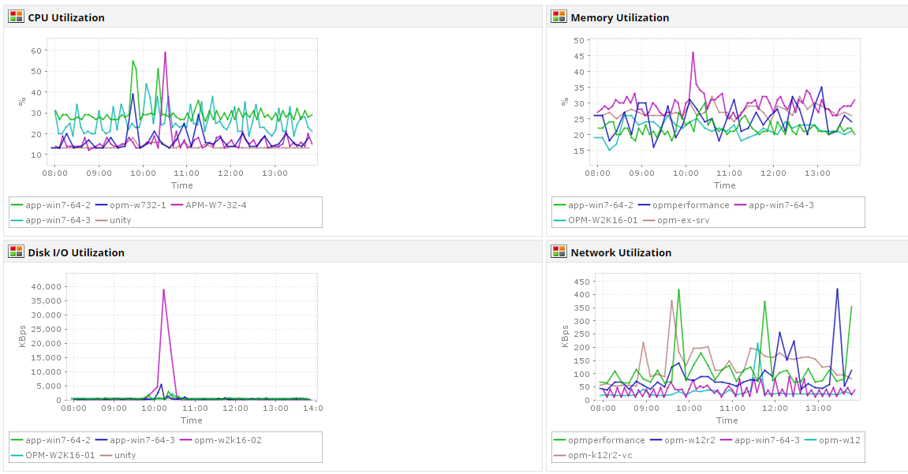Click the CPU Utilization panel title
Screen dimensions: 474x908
click(66, 17)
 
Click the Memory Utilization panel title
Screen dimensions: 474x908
click(619, 17)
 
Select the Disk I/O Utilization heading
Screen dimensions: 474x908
click(76, 252)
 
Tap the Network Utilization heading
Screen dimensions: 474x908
click(621, 252)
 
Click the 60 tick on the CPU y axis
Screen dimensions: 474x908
click(36, 50)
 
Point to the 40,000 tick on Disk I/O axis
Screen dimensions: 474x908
click(43, 286)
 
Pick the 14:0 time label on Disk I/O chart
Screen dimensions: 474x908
click(313, 409)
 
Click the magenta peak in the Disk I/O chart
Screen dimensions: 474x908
click(163, 289)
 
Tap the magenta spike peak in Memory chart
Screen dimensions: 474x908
click(693, 53)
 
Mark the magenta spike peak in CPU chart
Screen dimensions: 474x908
click(165, 53)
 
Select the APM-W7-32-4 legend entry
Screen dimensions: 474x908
click(216, 205)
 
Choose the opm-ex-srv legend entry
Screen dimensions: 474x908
click(682, 220)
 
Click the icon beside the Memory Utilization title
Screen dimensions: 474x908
click(559, 17)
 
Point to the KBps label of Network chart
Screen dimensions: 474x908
click(565, 335)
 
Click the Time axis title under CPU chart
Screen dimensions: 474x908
click(181, 185)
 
